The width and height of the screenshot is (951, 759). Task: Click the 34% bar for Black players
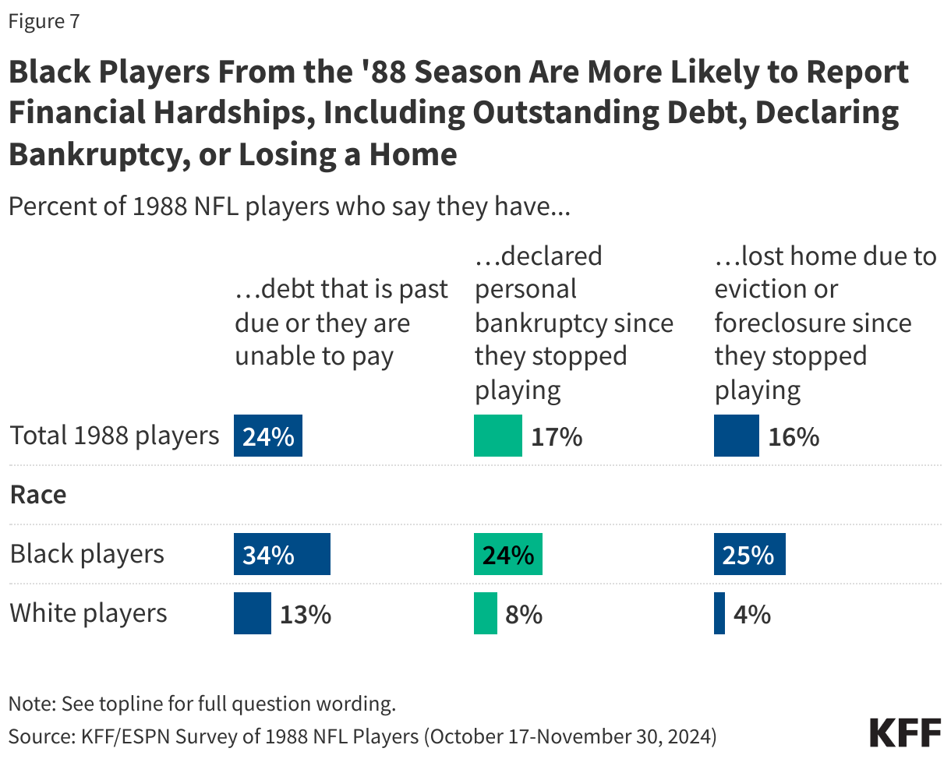(281, 554)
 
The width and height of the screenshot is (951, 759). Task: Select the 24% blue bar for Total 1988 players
(267, 436)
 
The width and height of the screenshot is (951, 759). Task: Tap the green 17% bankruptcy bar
(497, 436)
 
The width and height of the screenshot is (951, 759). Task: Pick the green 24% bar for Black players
(507, 554)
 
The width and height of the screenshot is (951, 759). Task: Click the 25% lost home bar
(749, 554)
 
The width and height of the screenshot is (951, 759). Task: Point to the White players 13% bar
(253, 613)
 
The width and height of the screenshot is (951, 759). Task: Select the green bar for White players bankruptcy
(485, 613)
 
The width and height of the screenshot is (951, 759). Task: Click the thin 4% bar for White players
(719, 613)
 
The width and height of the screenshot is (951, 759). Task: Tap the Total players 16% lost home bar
(736, 436)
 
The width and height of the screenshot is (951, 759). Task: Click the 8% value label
(524, 615)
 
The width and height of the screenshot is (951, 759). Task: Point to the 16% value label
(794, 437)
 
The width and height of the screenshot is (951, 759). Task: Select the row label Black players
(87, 554)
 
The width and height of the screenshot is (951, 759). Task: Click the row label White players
(88, 613)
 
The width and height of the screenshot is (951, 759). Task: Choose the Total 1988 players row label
(115, 435)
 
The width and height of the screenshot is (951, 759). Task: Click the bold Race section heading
(38, 495)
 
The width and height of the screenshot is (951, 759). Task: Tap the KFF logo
(904, 733)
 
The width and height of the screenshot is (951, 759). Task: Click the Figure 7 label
(44, 22)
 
